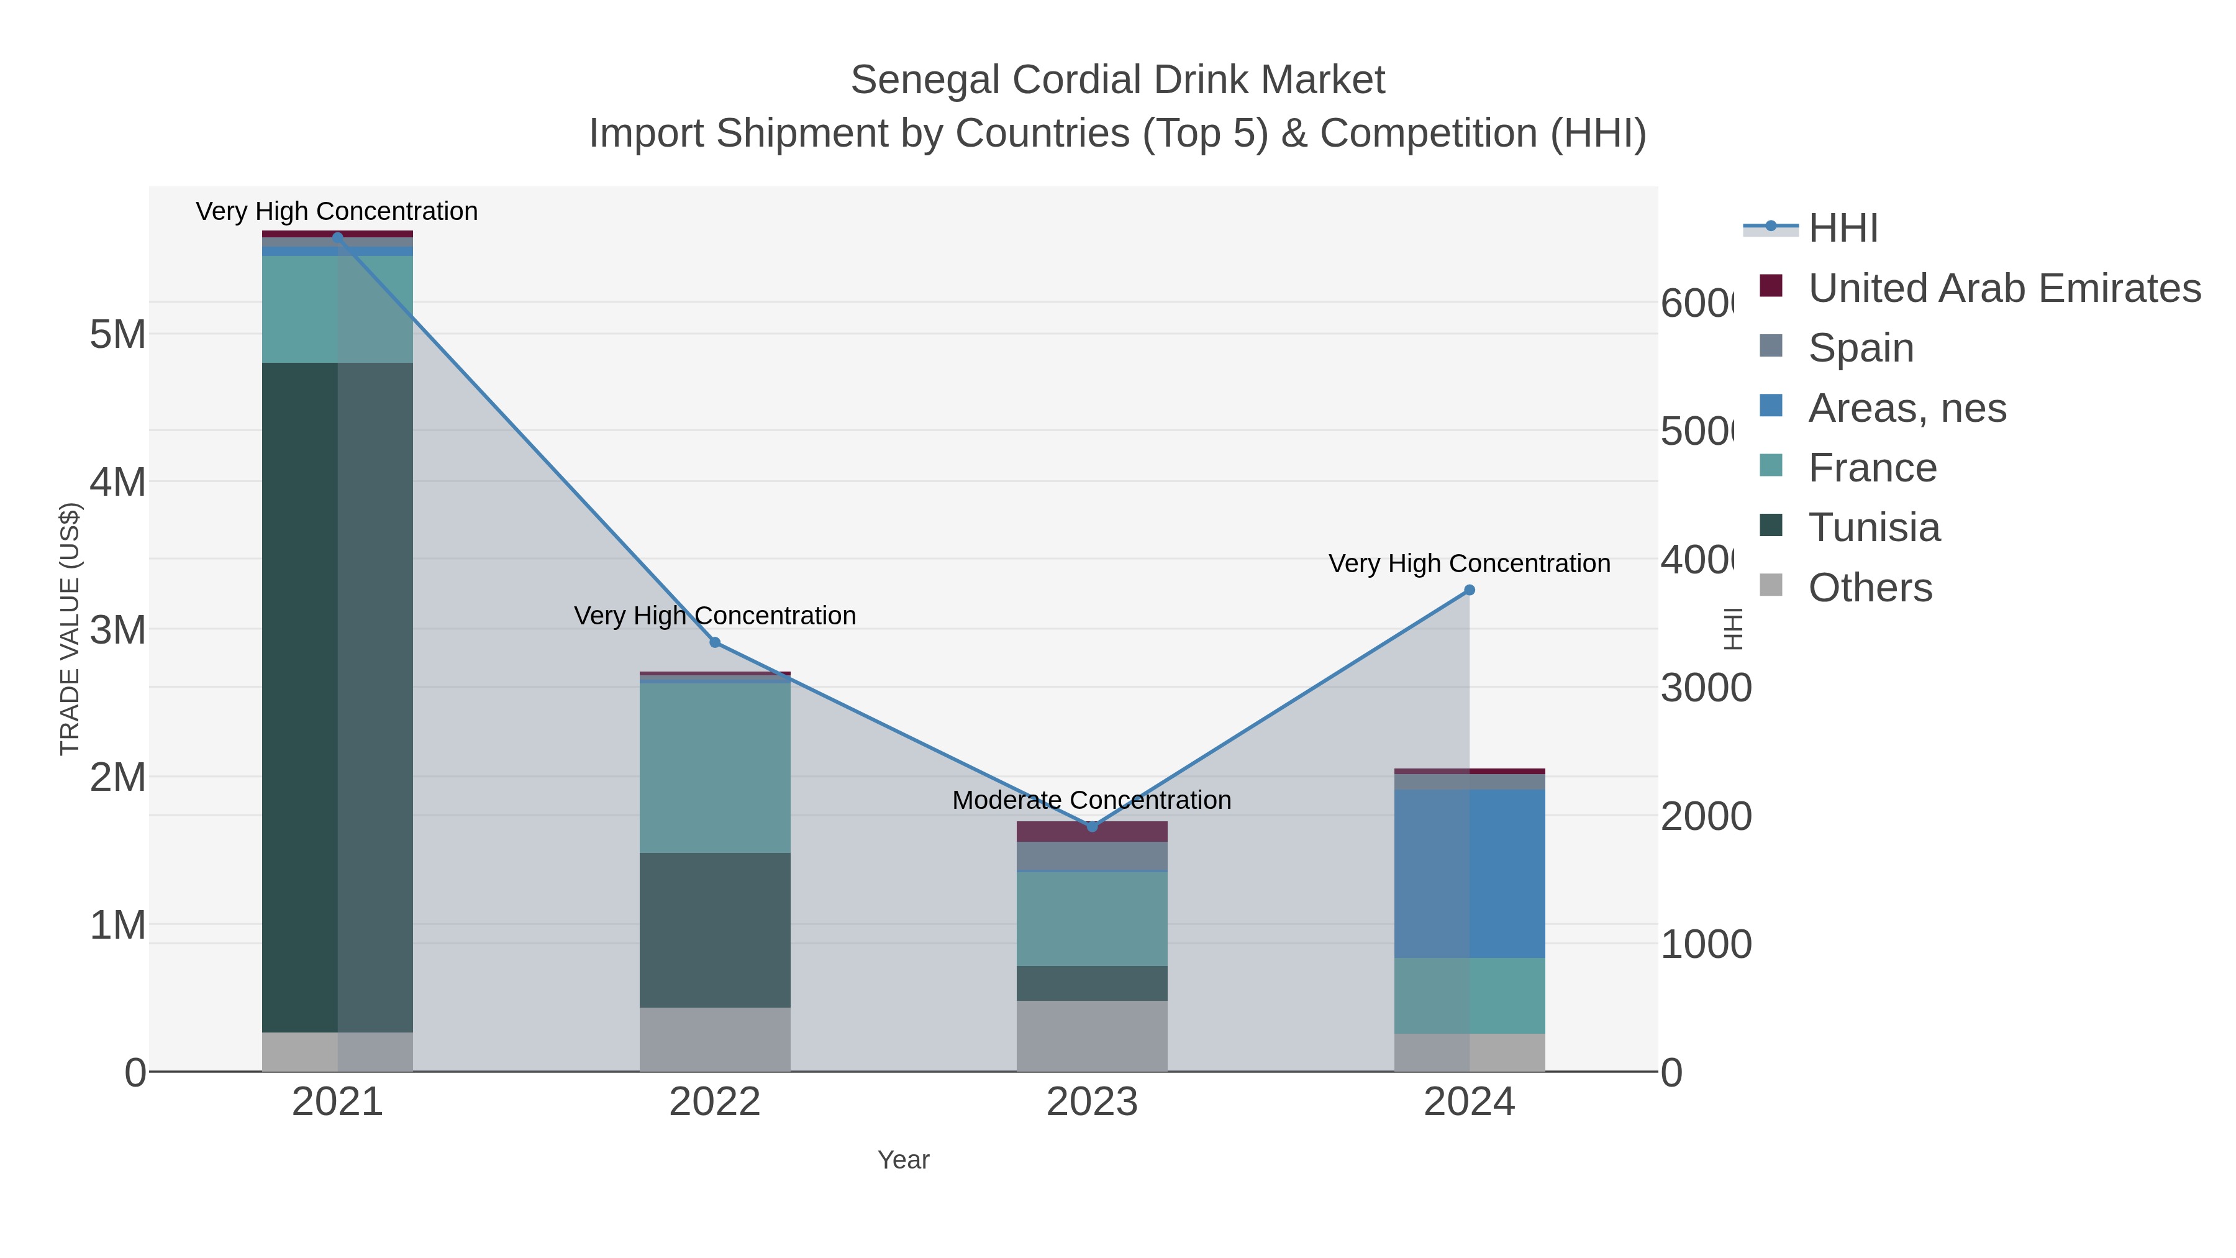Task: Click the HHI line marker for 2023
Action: [1092, 826]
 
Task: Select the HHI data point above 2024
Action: [1470, 590]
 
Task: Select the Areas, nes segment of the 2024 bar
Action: [1470, 873]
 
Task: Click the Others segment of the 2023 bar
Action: [1092, 1036]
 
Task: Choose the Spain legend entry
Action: [1860, 347]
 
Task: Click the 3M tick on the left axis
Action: [117, 629]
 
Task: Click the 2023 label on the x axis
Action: [1092, 1101]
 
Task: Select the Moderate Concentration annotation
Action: [1092, 800]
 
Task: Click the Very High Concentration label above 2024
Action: [1470, 563]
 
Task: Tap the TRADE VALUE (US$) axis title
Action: [70, 629]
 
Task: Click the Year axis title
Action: [902, 1160]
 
